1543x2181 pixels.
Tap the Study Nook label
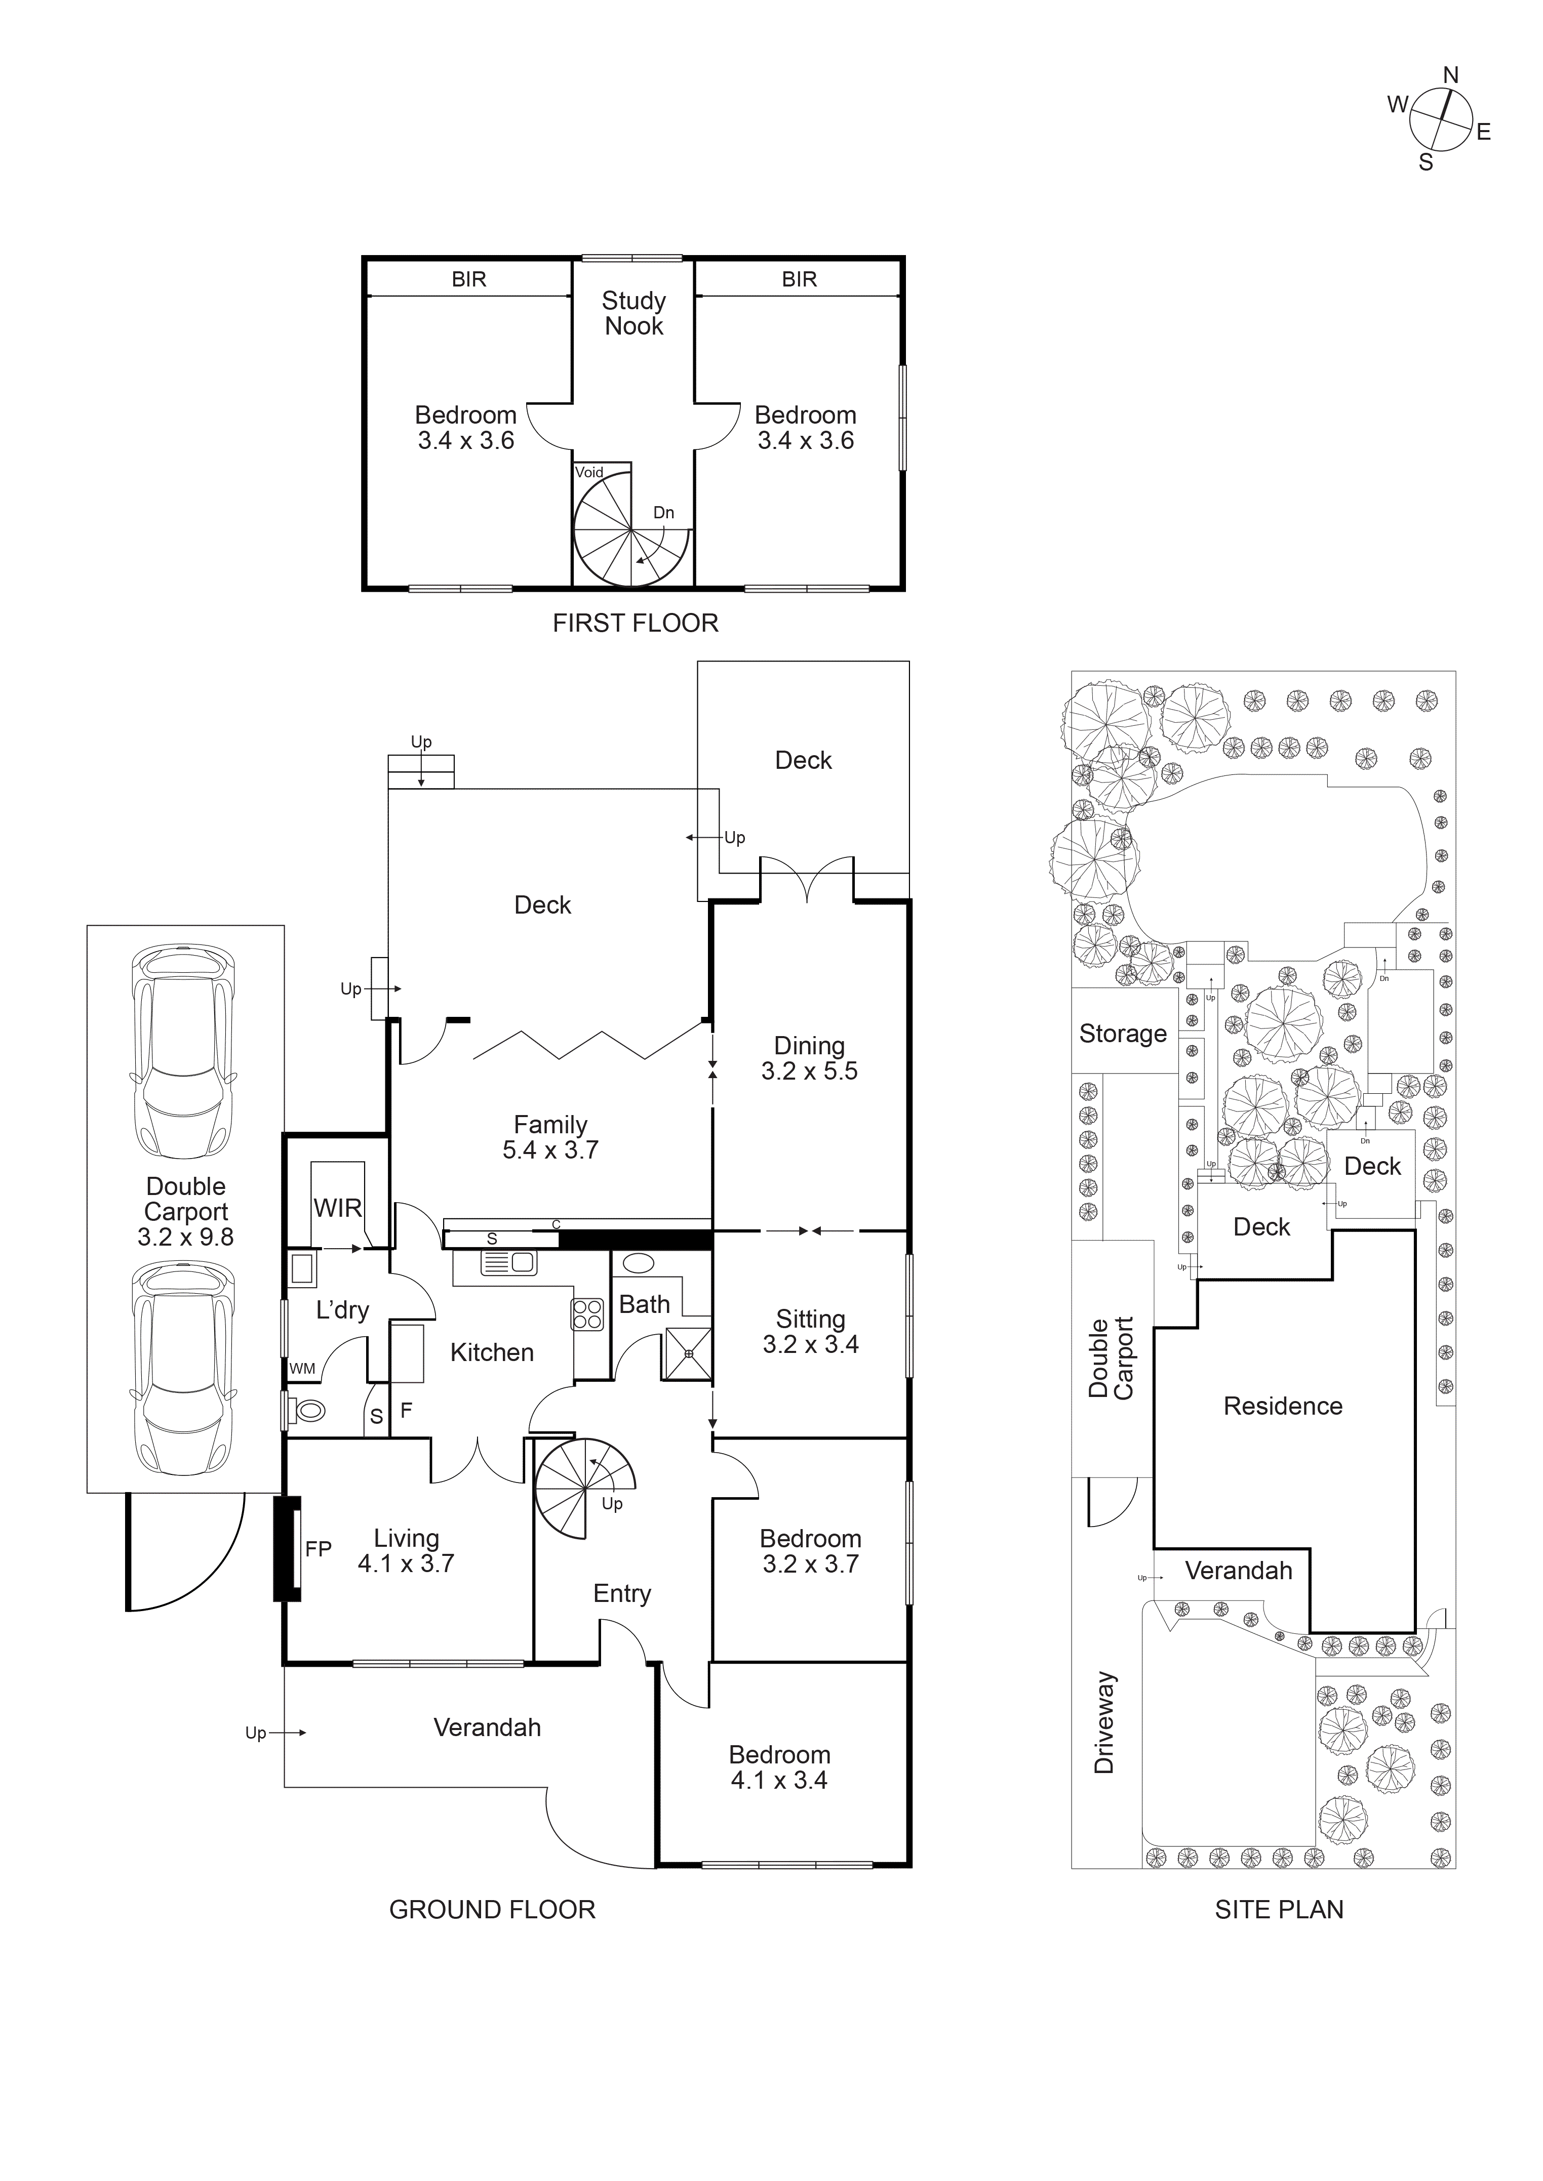point(634,313)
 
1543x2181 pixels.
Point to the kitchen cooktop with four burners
point(587,1314)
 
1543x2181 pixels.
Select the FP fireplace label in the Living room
point(319,1549)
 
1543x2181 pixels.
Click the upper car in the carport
point(183,1052)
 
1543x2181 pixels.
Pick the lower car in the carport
point(183,1368)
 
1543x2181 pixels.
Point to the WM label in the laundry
point(302,1369)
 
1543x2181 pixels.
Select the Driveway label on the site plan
point(1103,1722)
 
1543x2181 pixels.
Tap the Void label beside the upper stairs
point(589,472)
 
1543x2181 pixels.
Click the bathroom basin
point(638,1263)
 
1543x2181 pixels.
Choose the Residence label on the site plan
point(1283,1406)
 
